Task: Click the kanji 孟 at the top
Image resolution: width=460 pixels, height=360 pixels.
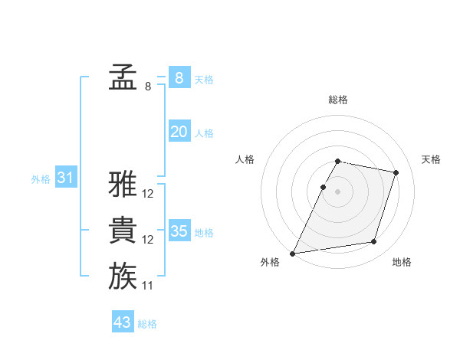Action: click(x=123, y=77)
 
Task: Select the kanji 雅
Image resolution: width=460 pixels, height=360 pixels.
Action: click(x=123, y=184)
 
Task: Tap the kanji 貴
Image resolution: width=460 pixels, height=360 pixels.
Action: click(x=123, y=231)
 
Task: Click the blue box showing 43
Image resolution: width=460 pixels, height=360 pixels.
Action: click(x=123, y=322)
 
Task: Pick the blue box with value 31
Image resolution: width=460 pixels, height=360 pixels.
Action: click(x=66, y=178)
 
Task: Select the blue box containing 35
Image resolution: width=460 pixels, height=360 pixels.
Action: click(x=179, y=231)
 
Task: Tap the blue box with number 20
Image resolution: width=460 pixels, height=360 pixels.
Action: click(x=179, y=132)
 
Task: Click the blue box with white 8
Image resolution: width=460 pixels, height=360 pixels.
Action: click(x=179, y=78)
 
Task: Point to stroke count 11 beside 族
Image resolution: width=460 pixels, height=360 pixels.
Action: click(x=148, y=286)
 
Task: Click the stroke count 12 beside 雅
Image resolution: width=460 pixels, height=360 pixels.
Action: click(x=148, y=194)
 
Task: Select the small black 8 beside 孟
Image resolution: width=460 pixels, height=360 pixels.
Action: click(x=148, y=87)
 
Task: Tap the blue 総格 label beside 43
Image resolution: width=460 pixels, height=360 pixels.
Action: click(x=147, y=324)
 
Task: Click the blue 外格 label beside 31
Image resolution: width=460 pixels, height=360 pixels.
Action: click(x=41, y=179)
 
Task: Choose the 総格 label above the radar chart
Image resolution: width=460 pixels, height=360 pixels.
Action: click(x=338, y=100)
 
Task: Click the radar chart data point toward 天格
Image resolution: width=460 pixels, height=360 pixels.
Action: click(x=396, y=172)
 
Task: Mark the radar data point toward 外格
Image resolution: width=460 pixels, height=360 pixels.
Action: click(x=293, y=253)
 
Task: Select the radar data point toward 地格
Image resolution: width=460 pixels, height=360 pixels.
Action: click(x=374, y=242)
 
